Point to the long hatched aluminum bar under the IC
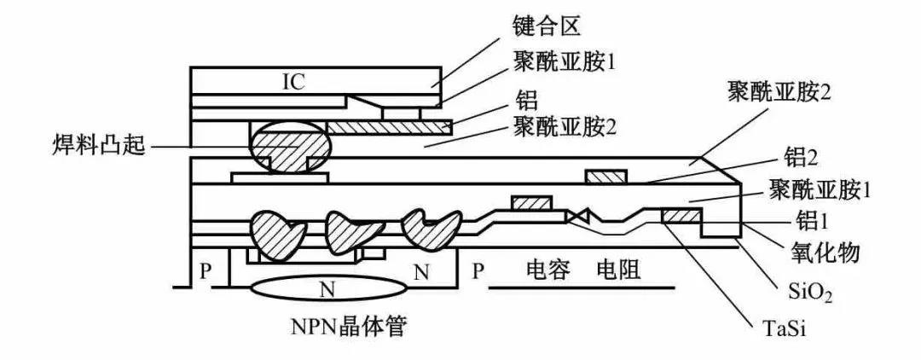389,127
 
